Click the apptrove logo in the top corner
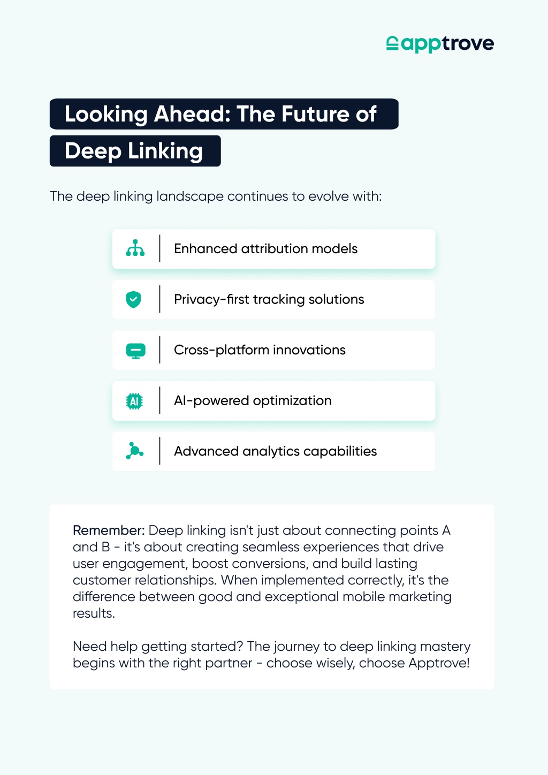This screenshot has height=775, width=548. tap(440, 44)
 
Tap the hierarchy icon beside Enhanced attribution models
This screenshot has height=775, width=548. tap(135, 248)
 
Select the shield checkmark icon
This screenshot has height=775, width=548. tap(134, 299)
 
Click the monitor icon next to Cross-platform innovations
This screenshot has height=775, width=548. tap(135, 351)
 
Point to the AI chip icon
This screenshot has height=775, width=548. tap(134, 401)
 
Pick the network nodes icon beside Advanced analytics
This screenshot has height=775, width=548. tap(135, 451)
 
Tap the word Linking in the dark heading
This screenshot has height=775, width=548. tap(165, 151)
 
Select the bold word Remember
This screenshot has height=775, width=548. tap(109, 530)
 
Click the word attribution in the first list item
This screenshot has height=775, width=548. tap(275, 249)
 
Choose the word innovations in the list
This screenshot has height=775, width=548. tap(309, 350)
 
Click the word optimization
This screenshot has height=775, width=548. tap(292, 401)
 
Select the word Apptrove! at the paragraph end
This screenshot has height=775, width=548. tap(439, 663)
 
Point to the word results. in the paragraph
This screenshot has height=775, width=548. tap(94, 613)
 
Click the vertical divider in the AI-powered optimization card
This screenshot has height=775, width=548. tap(159, 401)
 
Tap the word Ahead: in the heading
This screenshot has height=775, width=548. tap(192, 114)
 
